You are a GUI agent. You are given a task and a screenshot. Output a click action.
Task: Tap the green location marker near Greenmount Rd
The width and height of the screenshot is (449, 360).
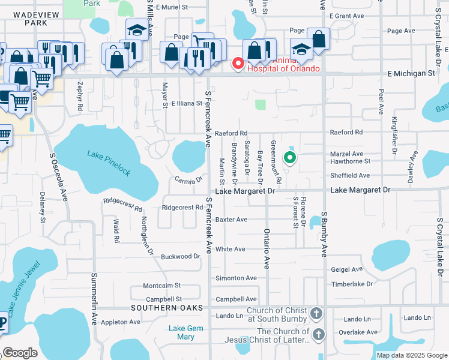tap(290, 158)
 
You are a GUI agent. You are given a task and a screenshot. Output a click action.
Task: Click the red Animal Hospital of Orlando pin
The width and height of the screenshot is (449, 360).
tap(238, 63)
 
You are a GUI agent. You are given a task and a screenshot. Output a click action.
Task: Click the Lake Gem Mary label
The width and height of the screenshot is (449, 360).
tap(182, 332)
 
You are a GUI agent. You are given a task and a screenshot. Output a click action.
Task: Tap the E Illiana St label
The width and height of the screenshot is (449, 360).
tap(187, 104)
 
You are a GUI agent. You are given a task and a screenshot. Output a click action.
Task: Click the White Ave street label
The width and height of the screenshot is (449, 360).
tap(231, 249)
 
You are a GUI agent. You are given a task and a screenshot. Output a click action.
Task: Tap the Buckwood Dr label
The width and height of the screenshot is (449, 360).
tap(180, 256)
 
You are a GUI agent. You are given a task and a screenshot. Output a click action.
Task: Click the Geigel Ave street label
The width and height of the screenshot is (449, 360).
tap(347, 269)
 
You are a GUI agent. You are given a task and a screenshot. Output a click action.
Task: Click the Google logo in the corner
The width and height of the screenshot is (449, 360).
tap(20, 353)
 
